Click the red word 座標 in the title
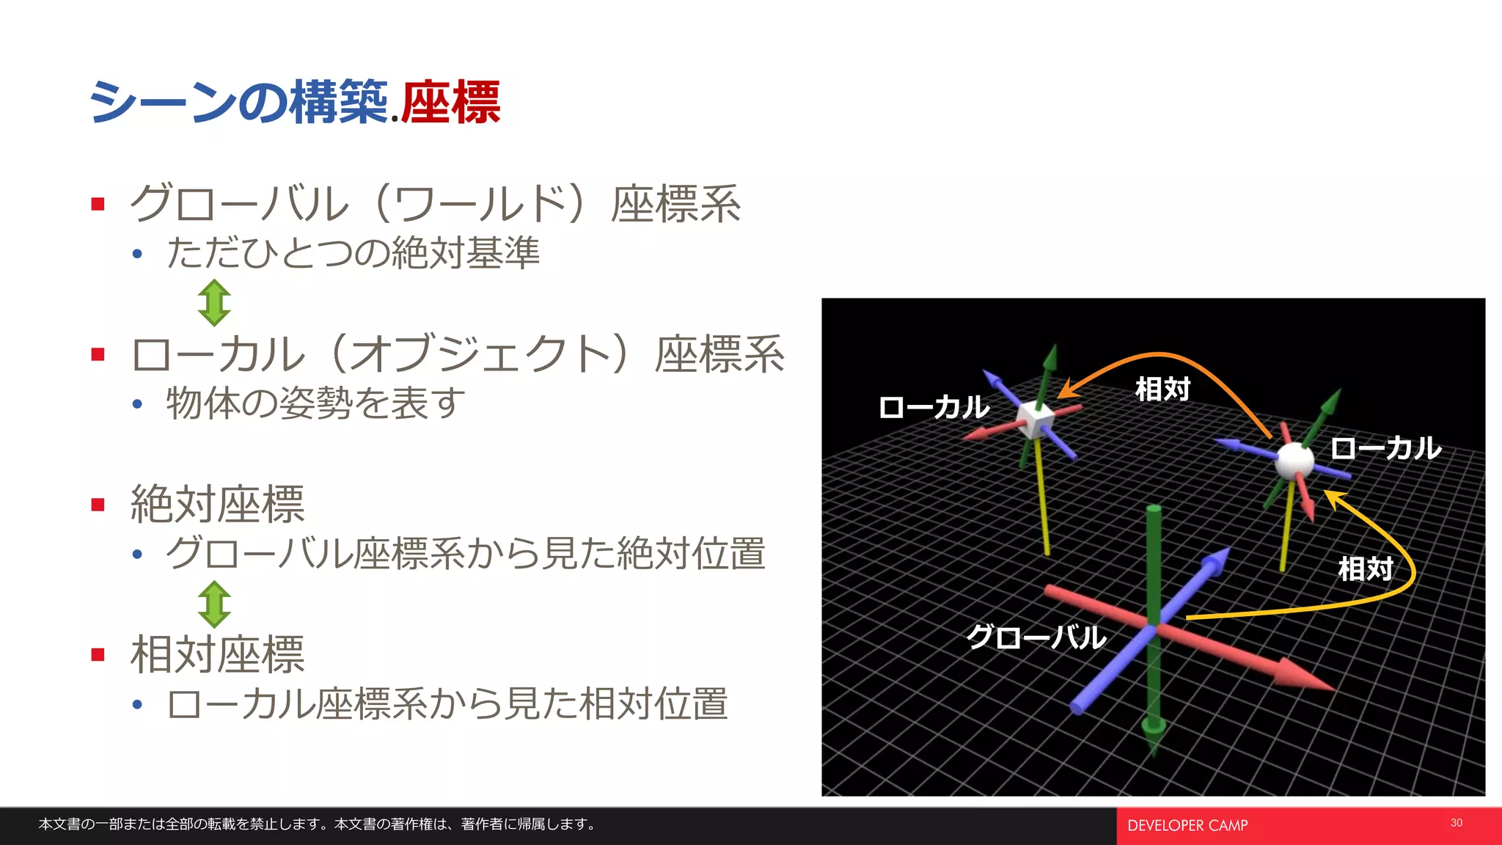(x=450, y=103)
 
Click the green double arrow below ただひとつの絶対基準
(x=214, y=302)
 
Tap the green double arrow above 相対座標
(x=214, y=604)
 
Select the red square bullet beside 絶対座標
(x=98, y=505)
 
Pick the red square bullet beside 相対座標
(x=98, y=654)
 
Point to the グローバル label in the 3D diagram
(x=1036, y=637)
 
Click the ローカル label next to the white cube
(x=934, y=406)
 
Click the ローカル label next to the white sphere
(x=1385, y=447)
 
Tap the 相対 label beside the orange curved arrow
(x=1162, y=389)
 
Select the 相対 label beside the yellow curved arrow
(x=1365, y=568)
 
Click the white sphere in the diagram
(x=1294, y=460)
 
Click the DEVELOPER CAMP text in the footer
(x=1187, y=826)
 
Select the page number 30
(x=1456, y=823)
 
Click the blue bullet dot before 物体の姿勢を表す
(x=137, y=403)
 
